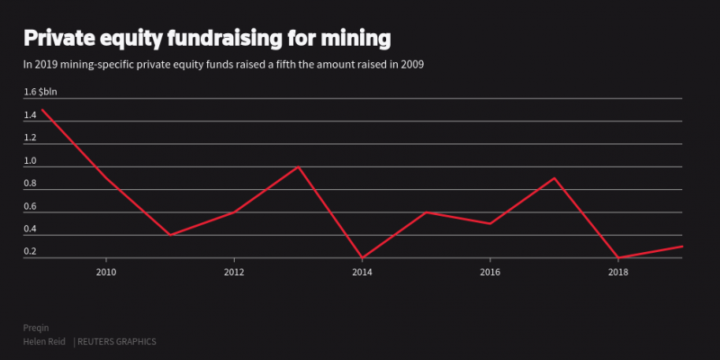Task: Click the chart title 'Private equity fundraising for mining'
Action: point(207,39)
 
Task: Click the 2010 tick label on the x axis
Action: point(106,272)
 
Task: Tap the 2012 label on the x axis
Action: point(234,272)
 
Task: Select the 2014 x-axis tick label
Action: point(362,272)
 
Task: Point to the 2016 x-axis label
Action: point(490,272)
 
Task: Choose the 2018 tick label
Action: point(617,272)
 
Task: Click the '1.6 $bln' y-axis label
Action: point(42,92)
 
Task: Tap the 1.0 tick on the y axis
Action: point(31,161)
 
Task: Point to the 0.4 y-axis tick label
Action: point(31,229)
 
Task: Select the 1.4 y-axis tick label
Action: point(31,115)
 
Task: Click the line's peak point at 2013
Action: point(298,166)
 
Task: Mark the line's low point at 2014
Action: point(362,258)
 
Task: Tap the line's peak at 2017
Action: point(554,178)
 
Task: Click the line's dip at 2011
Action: point(170,235)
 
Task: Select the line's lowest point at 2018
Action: point(618,258)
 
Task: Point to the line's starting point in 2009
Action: point(43,110)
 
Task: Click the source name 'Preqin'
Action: point(36,328)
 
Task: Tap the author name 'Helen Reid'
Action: point(46,342)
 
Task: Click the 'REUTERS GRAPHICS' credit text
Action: point(117,342)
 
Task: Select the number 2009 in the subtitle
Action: point(412,65)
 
